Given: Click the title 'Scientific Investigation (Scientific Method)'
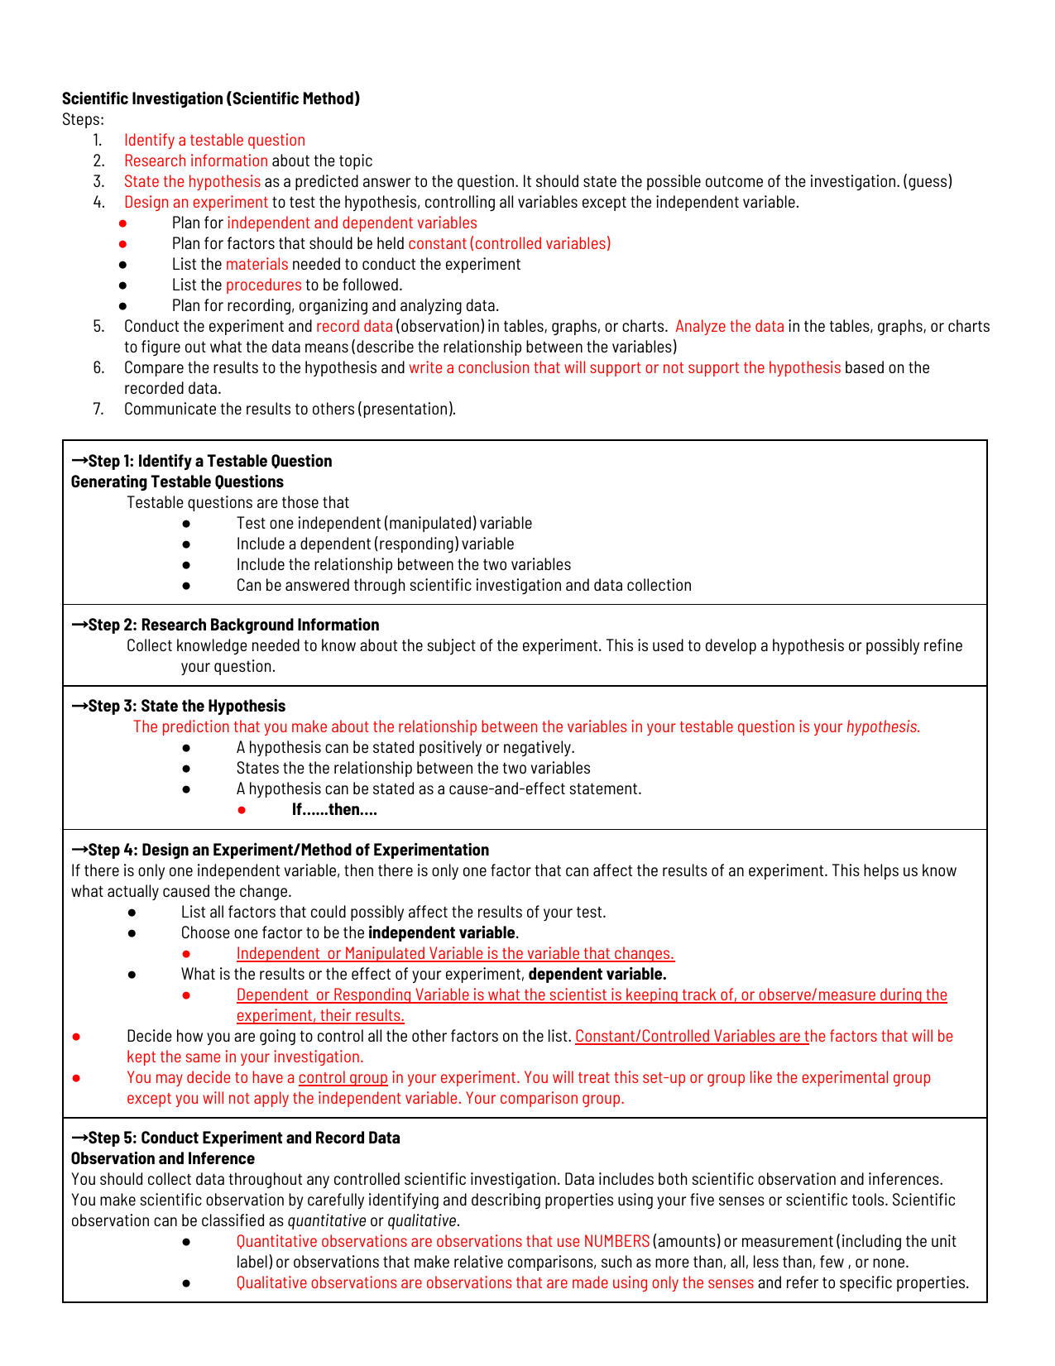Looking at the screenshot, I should click(x=211, y=98).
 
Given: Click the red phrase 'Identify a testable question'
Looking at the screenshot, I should click(x=214, y=140).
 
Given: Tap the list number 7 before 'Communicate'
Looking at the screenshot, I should click(x=98, y=409).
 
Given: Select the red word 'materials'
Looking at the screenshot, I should click(x=257, y=264).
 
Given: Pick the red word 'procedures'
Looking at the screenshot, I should click(x=263, y=285).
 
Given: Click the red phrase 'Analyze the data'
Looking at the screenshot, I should click(x=729, y=326).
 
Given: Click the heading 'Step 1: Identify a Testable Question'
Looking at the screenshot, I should click(x=209, y=461).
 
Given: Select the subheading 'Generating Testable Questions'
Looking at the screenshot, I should click(x=177, y=482).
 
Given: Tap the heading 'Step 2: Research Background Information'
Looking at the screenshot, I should click(x=233, y=625).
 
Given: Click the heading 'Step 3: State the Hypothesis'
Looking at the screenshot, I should click(x=186, y=706).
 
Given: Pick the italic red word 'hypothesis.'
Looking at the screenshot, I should click(x=883, y=726).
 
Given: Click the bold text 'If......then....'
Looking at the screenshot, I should click(x=334, y=809).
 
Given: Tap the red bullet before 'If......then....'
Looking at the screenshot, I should click(x=242, y=810).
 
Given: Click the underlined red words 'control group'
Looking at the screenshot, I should click(x=343, y=1077).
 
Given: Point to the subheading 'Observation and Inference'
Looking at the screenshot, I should click(x=162, y=1158).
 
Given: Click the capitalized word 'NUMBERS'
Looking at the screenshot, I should click(x=616, y=1241).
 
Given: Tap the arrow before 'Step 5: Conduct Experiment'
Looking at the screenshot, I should click(x=79, y=1138).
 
